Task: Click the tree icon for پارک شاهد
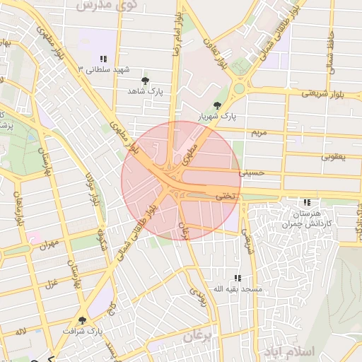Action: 146,81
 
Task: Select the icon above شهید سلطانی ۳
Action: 103,59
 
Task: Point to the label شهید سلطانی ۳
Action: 105,70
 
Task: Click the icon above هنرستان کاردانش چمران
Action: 306,202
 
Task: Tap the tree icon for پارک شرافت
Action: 82,320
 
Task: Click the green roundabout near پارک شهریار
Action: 239,89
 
